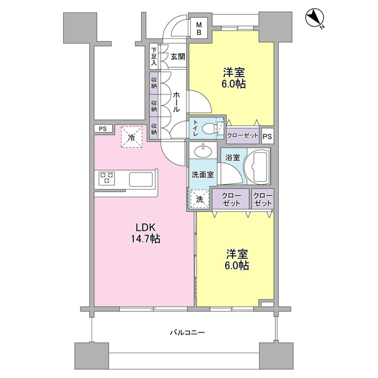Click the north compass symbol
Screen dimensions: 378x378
pyautogui.click(x=315, y=18)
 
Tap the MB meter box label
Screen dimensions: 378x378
pyautogui.click(x=199, y=28)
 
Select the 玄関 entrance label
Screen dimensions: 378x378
pyautogui.click(x=178, y=57)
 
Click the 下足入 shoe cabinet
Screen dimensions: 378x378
pyautogui.click(x=154, y=57)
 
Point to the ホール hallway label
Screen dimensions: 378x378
pyautogui.click(x=176, y=102)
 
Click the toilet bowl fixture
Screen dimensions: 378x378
pyautogui.click(x=210, y=129)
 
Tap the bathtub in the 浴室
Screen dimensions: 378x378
pyautogui.click(x=257, y=167)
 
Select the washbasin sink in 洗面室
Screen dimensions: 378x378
pyautogui.click(x=203, y=151)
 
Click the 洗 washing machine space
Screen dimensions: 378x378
pyautogui.click(x=199, y=199)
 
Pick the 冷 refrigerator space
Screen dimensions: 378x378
pyautogui.click(x=131, y=137)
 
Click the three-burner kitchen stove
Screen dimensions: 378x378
pyautogui.click(x=107, y=178)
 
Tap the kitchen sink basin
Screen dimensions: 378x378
pyautogui.click(x=141, y=180)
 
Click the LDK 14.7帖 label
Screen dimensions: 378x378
pyautogui.click(x=145, y=233)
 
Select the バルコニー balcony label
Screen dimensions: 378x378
pyautogui.click(x=187, y=333)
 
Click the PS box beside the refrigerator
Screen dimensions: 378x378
pyautogui.click(x=103, y=129)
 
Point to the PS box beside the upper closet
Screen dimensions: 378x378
pyautogui.click(x=267, y=136)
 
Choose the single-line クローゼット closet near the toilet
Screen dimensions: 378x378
pyautogui.click(x=243, y=135)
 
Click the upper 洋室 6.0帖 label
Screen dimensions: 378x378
pyautogui.click(x=234, y=78)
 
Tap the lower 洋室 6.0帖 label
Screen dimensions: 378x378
pyautogui.click(x=237, y=259)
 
